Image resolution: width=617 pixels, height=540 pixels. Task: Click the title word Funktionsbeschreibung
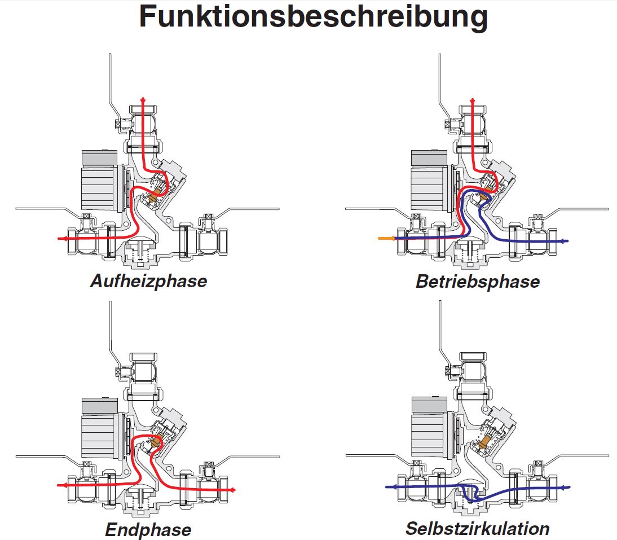[x=313, y=17]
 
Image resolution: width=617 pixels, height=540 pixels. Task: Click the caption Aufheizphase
[x=148, y=280]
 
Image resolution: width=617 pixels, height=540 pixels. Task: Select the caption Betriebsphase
[x=477, y=281]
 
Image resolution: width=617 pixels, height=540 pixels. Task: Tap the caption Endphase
[x=148, y=530]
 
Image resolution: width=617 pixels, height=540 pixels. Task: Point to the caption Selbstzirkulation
[x=477, y=529]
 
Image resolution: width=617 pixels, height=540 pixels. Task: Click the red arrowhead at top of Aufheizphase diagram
[x=143, y=100]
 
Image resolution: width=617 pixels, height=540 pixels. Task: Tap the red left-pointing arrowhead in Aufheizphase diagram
[x=61, y=239]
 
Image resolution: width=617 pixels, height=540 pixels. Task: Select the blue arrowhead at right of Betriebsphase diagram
[x=566, y=241]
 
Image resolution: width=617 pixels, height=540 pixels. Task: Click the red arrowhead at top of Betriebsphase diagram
[x=473, y=100]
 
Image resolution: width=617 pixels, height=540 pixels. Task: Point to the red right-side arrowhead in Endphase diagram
[x=233, y=489]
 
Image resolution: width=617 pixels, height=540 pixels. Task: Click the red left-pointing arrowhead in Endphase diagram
[x=61, y=485]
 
